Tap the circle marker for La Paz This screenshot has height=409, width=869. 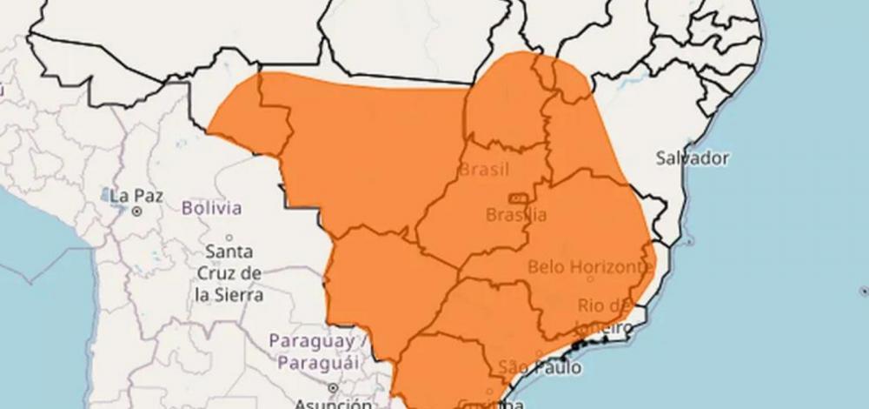(137, 211)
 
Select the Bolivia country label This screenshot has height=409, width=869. (212, 208)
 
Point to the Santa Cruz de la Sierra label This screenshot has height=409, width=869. (229, 273)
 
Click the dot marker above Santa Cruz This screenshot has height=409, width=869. (229, 237)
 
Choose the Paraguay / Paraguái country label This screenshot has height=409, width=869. (312, 351)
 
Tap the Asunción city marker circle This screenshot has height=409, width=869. (333, 388)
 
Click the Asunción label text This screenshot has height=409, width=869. (334, 404)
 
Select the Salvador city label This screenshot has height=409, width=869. (692, 158)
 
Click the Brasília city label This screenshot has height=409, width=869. (516, 215)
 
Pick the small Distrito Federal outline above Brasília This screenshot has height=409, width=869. (518, 198)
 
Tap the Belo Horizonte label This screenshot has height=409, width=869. (589, 266)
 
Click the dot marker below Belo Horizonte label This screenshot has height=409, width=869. (591, 279)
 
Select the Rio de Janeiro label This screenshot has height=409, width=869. (603, 316)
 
